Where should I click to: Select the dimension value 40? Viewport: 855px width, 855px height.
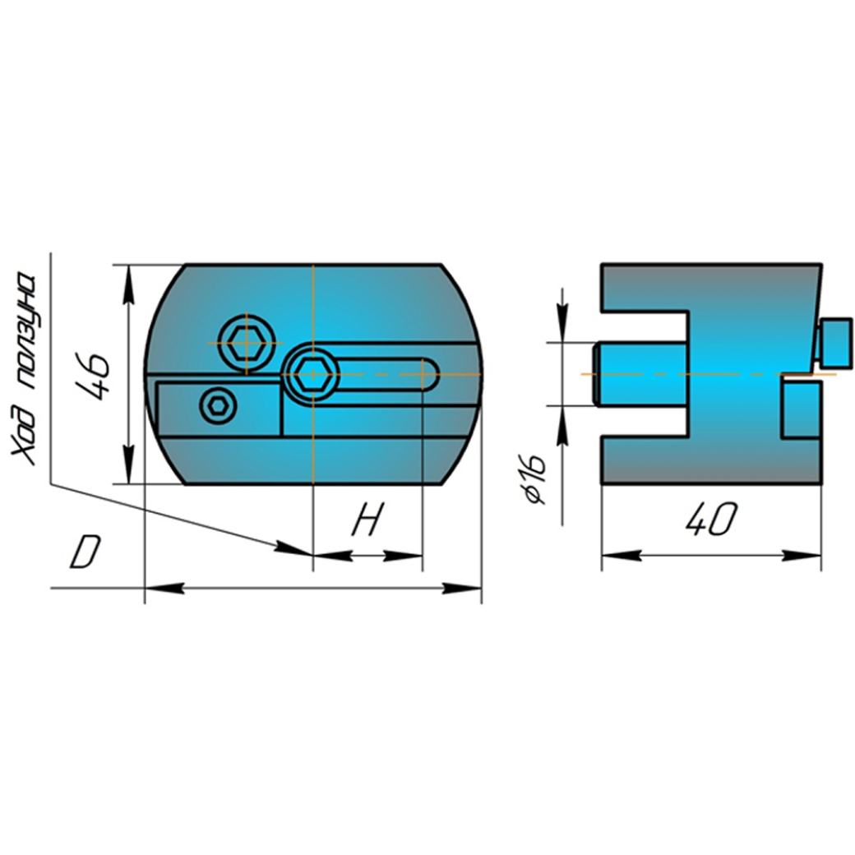tap(711, 519)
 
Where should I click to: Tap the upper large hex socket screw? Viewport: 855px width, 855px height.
tap(247, 344)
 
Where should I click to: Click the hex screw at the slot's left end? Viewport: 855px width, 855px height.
tap(312, 375)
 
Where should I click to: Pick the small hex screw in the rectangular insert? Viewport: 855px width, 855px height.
tap(219, 406)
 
